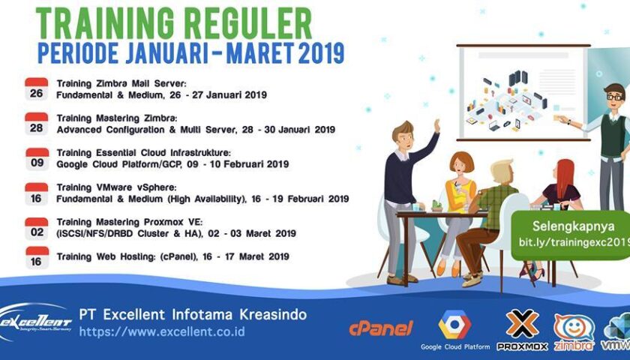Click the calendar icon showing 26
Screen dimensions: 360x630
(x=36, y=89)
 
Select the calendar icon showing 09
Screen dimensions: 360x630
(x=36, y=158)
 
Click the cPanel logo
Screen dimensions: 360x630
(x=381, y=328)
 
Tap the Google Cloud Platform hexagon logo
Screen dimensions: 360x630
(x=454, y=325)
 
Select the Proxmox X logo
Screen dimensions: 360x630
(x=522, y=323)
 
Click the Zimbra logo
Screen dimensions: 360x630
(x=574, y=330)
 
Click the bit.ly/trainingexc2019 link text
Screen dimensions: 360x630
(x=574, y=242)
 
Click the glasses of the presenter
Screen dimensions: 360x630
(x=614, y=97)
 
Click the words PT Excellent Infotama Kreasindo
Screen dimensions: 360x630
(x=193, y=314)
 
